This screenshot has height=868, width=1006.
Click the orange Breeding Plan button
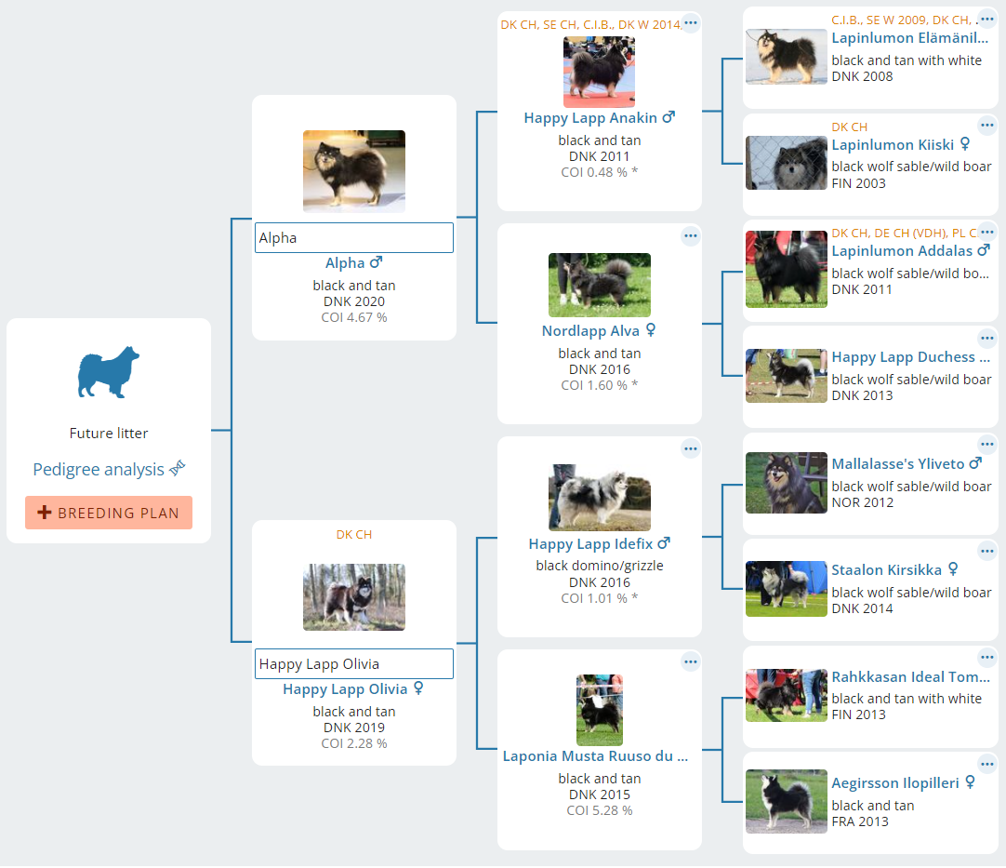tap(109, 513)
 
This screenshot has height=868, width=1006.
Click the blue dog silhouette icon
tap(109, 372)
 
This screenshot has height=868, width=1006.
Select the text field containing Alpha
tap(354, 237)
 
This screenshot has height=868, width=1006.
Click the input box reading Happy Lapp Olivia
tap(354, 664)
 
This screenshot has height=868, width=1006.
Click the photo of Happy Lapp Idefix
tap(600, 497)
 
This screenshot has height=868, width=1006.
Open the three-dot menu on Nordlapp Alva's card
tap(690, 235)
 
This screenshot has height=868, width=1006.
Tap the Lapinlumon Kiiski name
tap(893, 145)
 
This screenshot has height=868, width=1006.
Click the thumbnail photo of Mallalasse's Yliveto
tap(786, 483)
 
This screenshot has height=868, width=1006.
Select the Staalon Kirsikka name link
tap(887, 570)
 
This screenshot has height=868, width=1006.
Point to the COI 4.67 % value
tap(354, 317)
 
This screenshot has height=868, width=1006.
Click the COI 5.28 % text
tap(600, 810)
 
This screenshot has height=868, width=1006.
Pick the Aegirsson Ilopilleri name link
tap(895, 783)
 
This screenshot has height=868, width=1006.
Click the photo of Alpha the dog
tap(354, 171)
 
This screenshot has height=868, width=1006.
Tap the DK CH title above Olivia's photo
tap(354, 535)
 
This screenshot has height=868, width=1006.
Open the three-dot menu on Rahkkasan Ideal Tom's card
tap(986, 657)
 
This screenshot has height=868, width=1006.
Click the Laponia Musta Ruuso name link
tap(595, 756)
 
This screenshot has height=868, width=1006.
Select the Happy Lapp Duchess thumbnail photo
tap(786, 376)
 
